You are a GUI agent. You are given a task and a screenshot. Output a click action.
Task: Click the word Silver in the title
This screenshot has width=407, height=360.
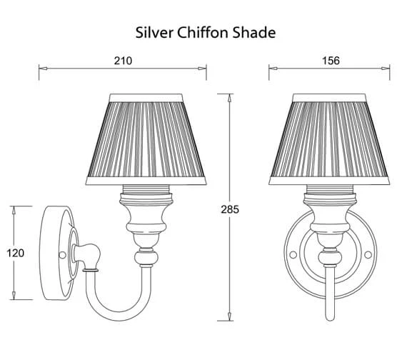point(153,33)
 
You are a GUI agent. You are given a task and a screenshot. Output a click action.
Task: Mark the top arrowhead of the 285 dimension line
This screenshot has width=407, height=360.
point(230,97)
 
